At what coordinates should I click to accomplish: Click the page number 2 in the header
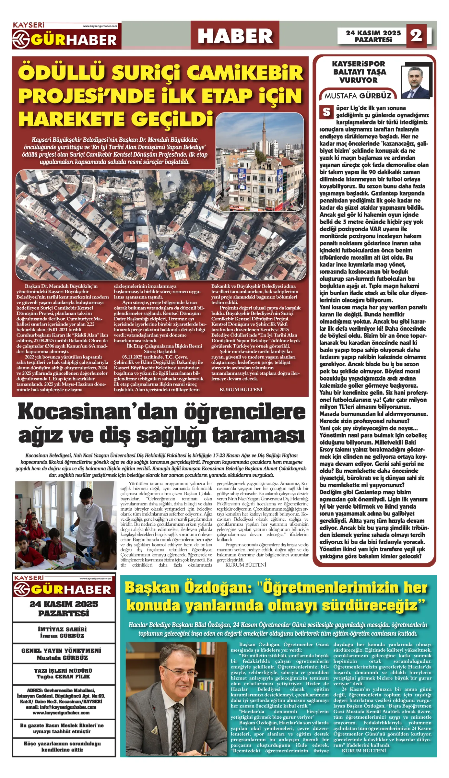416,35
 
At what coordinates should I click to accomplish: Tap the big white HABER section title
235,36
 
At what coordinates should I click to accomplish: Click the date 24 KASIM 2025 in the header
373,33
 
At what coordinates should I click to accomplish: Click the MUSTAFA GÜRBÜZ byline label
358,96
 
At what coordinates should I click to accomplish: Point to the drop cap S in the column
326,112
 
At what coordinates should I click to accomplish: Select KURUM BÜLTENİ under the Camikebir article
241,389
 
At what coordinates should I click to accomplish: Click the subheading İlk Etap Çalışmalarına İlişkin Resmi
164,346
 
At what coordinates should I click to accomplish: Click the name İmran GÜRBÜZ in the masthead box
62,636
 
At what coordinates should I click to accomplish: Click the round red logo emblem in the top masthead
21,40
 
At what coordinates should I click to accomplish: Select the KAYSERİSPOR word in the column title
359,64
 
